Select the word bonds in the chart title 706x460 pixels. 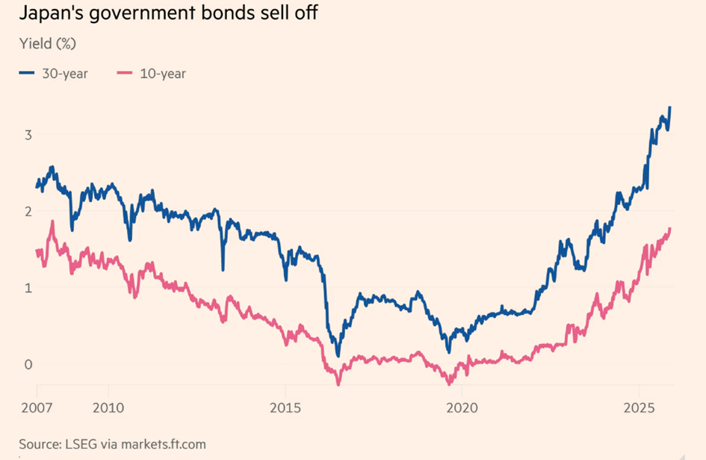tap(206, 14)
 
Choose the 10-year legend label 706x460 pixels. tap(162, 73)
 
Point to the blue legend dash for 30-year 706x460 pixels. tap(28, 73)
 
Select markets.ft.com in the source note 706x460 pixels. tap(164, 444)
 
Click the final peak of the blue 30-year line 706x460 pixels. tap(670, 107)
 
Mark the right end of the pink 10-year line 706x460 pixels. tap(670, 228)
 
